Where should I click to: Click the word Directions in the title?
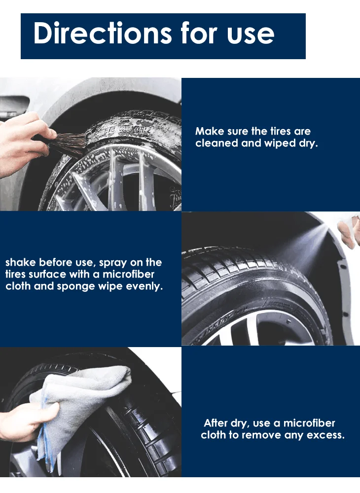click(x=103, y=33)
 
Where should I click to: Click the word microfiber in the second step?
click(x=128, y=274)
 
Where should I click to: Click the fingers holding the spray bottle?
click(x=349, y=231)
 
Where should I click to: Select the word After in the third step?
click(x=216, y=423)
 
